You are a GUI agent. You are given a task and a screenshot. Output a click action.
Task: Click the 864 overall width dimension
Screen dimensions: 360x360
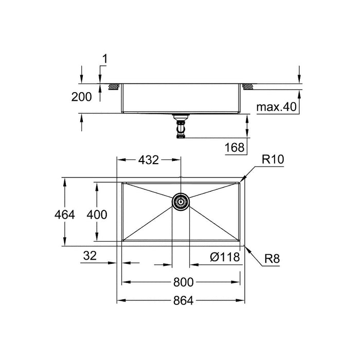point(183,300)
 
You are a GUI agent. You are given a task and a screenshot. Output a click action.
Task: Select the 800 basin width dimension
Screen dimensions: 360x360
point(183,282)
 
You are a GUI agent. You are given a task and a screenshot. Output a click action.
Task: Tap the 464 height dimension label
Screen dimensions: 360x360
point(64,215)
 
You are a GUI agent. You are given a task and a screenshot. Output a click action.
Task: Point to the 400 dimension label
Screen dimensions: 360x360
point(97,215)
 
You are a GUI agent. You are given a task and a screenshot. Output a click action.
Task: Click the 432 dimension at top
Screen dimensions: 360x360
point(148,160)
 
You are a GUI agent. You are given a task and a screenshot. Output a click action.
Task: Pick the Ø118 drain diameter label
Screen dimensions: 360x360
point(225,257)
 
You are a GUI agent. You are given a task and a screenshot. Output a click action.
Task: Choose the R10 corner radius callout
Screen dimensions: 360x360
point(273,159)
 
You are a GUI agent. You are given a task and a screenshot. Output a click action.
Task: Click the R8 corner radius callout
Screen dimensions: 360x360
point(272,259)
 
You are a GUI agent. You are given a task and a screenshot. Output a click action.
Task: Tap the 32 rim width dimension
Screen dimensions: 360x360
point(90,256)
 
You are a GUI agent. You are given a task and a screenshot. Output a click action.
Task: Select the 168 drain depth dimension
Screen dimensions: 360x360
point(235,148)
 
